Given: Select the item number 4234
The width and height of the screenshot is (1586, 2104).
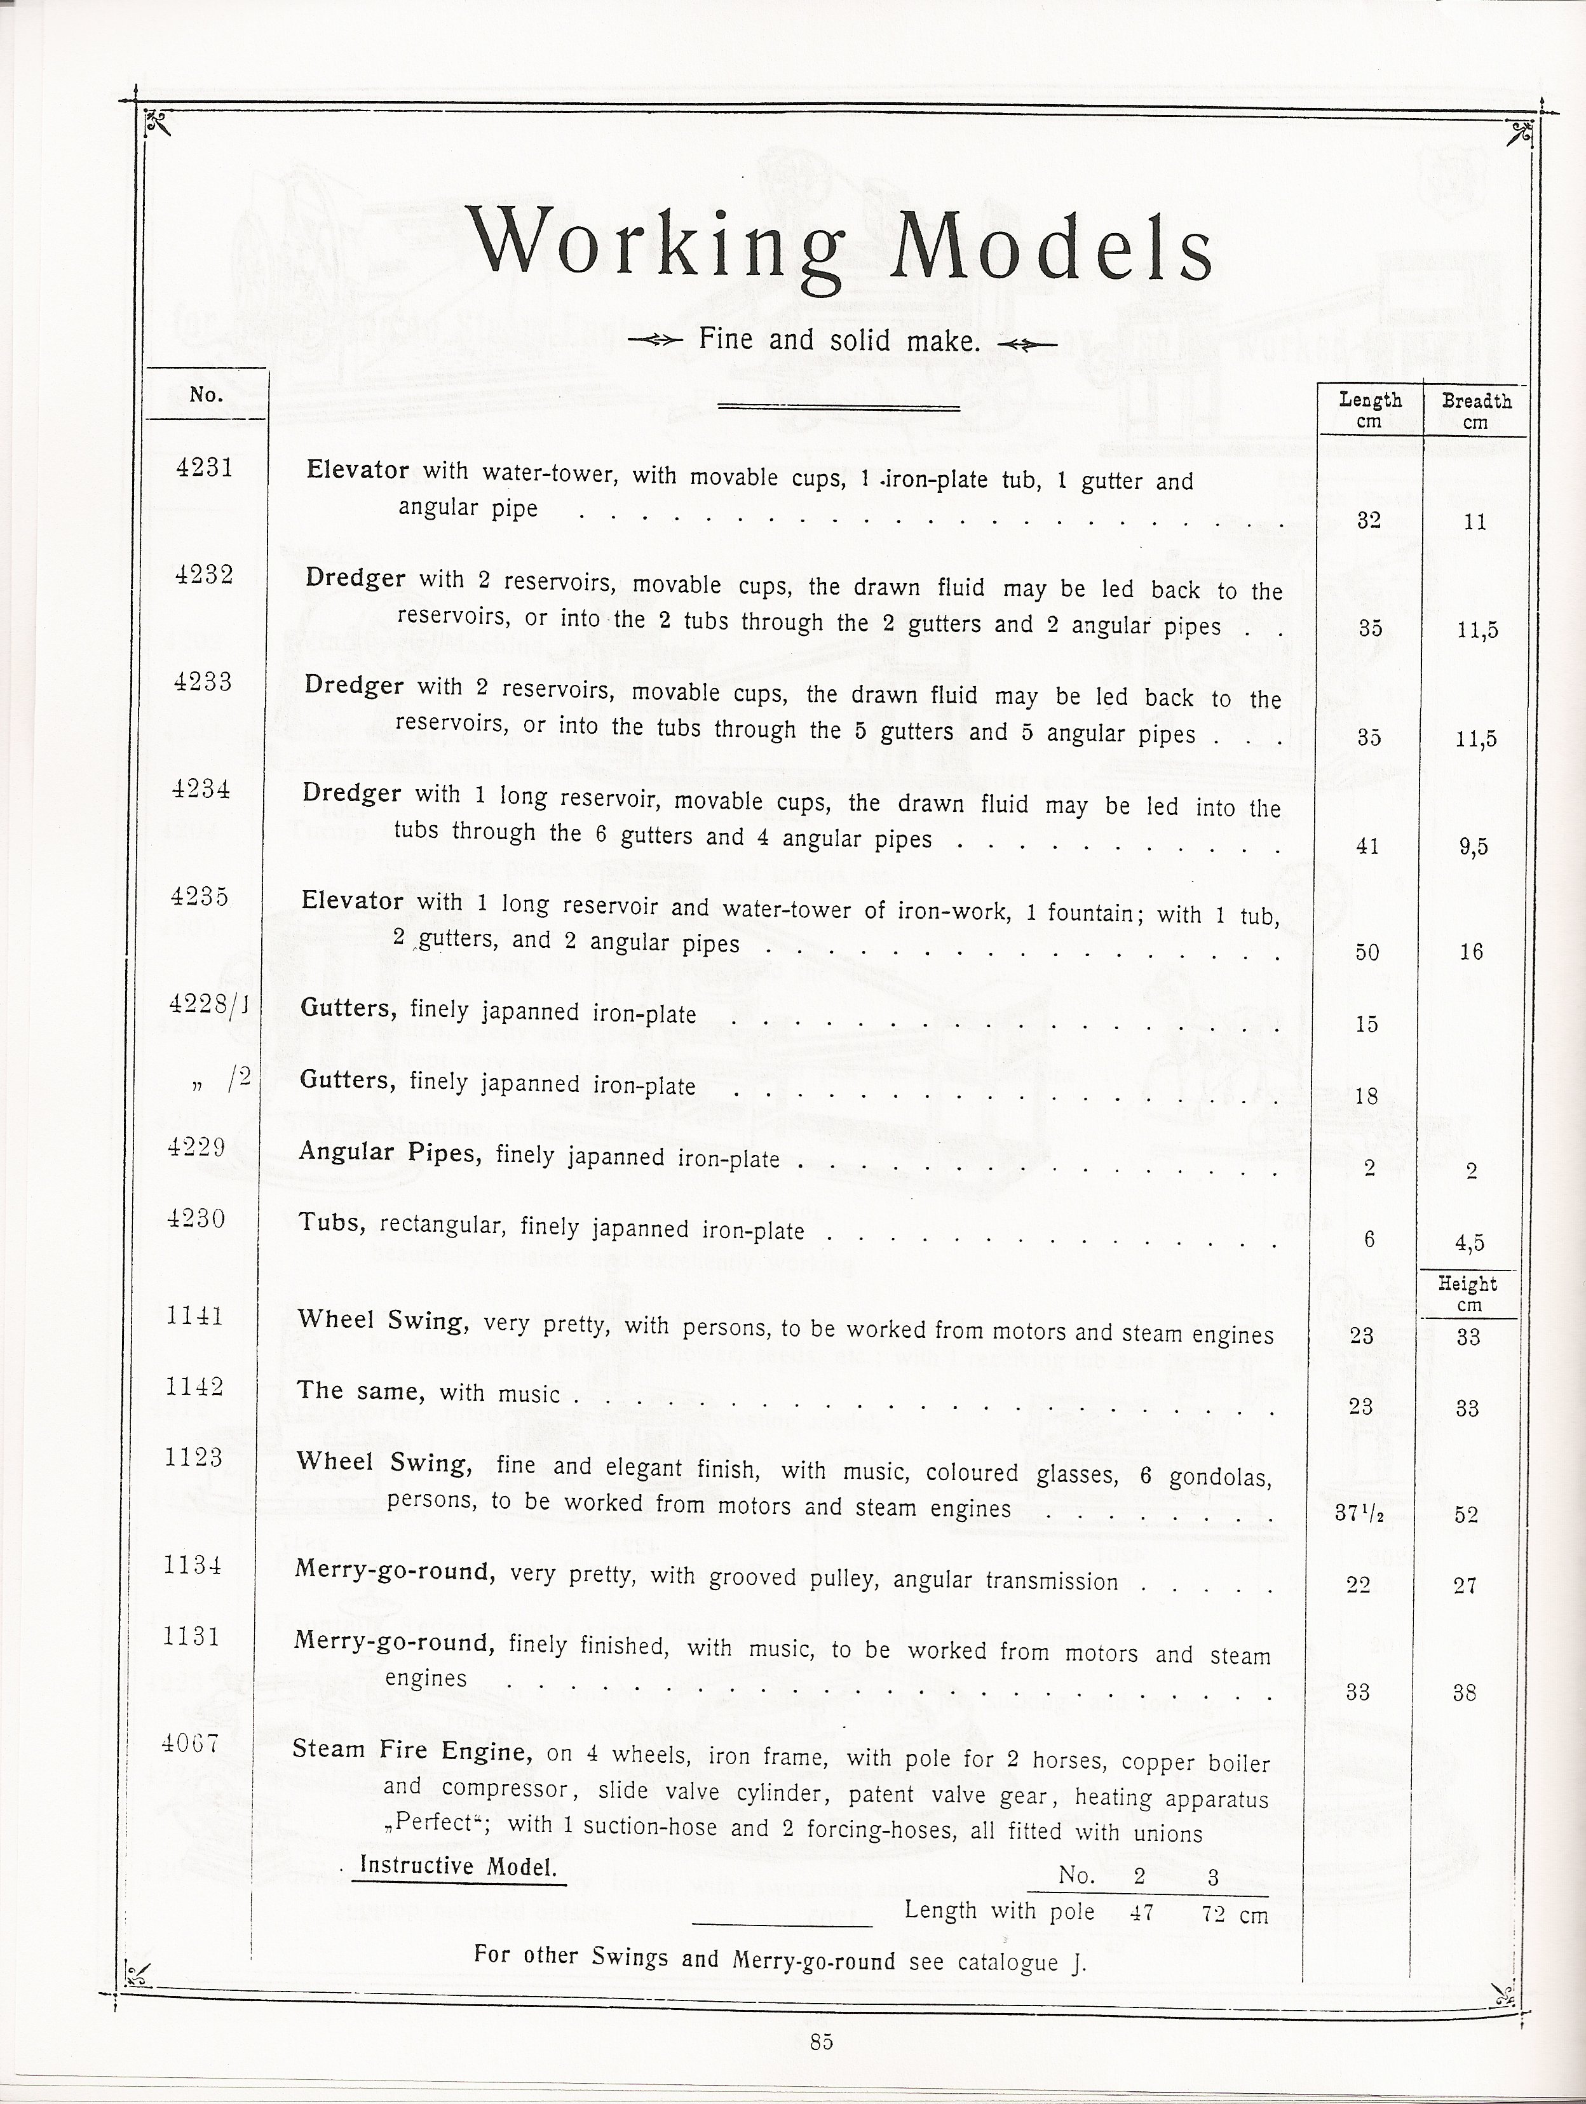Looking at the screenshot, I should coord(201,790).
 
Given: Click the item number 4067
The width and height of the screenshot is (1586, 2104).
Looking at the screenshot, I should coord(190,1744).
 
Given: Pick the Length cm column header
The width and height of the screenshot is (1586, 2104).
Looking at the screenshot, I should coord(1369,410).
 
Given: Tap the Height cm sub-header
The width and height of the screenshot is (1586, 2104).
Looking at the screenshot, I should coord(1468,1293).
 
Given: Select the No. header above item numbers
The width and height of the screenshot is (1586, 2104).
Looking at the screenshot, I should coord(205,394).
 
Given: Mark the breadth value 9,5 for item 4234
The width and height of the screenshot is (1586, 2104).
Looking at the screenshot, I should coord(1473,847).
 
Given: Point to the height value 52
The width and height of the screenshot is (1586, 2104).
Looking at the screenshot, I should coord(1466,1514).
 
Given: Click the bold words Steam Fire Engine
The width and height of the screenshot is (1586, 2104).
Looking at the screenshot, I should coord(411,1750).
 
